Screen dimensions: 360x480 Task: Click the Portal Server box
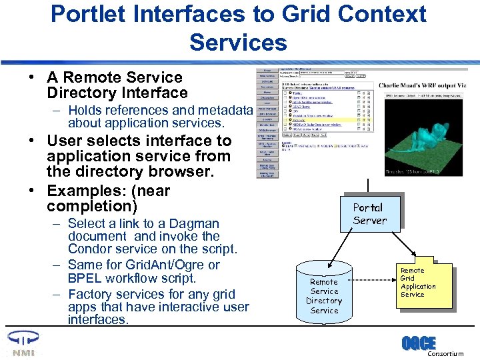(x=368, y=213)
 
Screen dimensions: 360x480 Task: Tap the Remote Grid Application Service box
(x=417, y=283)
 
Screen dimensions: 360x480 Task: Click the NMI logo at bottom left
(x=20, y=343)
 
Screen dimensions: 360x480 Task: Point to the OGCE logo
(x=418, y=343)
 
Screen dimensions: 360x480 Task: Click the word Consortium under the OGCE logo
(x=445, y=354)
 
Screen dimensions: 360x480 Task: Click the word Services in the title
(x=238, y=42)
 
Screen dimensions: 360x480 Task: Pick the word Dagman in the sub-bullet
(x=195, y=224)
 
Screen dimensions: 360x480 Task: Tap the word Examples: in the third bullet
(x=80, y=191)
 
